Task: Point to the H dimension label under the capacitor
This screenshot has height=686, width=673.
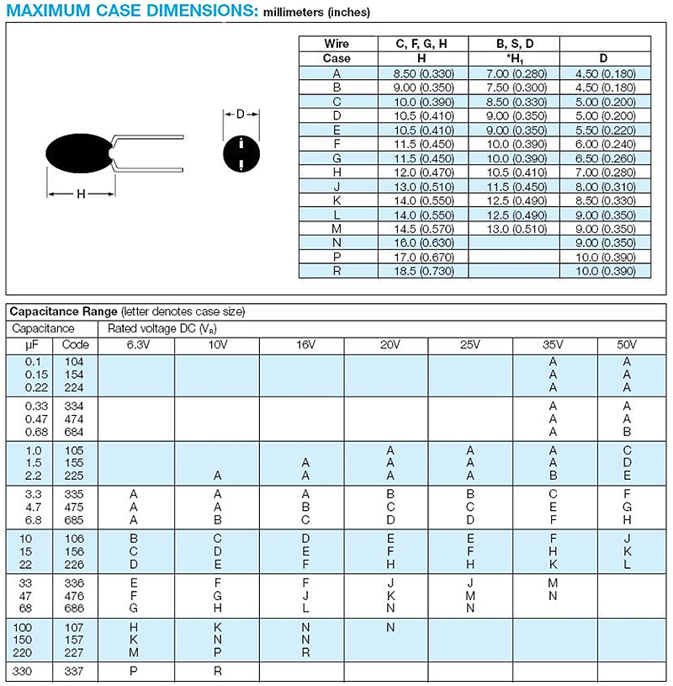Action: (x=81, y=194)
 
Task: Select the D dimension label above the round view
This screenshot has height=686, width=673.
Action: (x=241, y=114)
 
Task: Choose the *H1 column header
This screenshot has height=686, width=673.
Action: (x=514, y=59)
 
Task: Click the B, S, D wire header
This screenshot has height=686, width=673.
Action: (x=514, y=44)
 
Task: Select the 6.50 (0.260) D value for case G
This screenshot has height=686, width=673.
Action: (x=604, y=157)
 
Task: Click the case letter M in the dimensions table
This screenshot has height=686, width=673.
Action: (x=336, y=227)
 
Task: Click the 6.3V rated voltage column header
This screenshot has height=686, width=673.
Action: (x=135, y=345)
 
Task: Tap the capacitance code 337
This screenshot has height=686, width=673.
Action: (x=75, y=672)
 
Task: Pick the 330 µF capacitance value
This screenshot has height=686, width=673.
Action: (x=31, y=672)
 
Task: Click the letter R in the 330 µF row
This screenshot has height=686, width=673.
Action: (x=217, y=672)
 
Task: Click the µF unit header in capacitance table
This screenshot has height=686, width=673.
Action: (x=31, y=345)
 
